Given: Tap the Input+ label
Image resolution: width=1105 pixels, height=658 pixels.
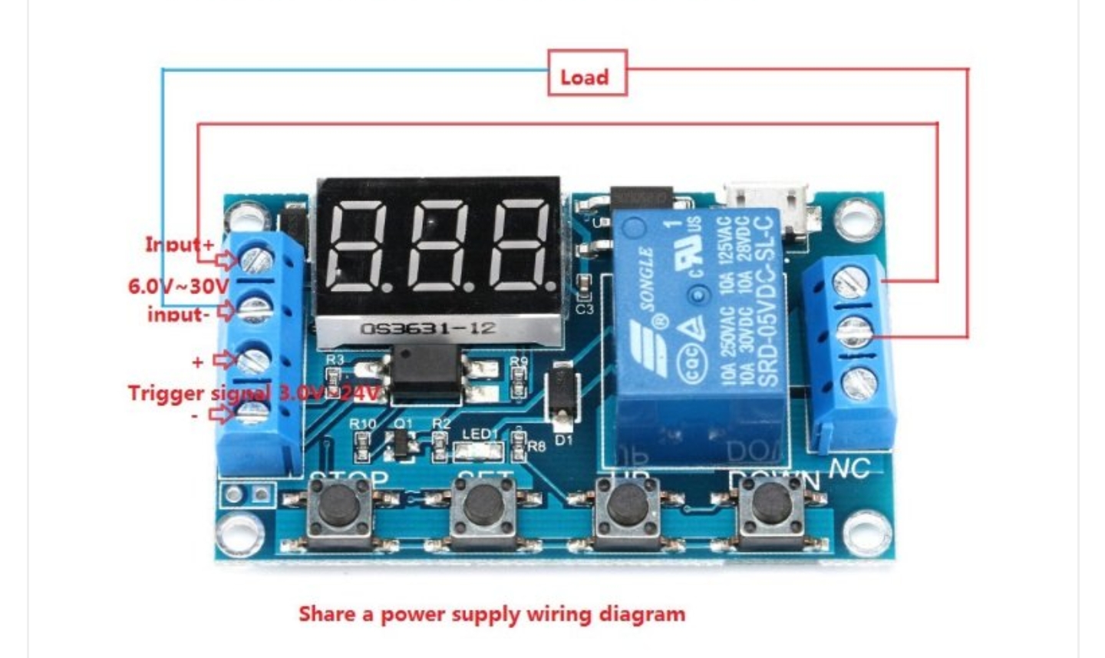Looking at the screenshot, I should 180,244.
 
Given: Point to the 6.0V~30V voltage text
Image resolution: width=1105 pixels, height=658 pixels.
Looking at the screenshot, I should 178,286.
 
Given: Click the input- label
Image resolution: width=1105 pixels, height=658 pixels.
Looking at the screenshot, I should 178,313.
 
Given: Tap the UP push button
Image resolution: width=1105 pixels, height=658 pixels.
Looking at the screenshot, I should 631,507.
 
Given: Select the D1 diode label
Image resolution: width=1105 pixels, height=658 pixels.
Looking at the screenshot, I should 564,440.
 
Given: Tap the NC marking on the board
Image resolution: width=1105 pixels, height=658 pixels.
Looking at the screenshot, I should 849,468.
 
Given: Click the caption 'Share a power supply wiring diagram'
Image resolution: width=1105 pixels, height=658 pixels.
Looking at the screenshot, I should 491,614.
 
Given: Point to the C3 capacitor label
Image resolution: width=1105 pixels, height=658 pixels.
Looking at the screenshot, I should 585,309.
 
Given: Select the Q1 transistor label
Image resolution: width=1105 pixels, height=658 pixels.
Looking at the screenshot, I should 403,424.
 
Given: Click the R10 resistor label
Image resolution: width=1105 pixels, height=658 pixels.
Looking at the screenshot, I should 363,424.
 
